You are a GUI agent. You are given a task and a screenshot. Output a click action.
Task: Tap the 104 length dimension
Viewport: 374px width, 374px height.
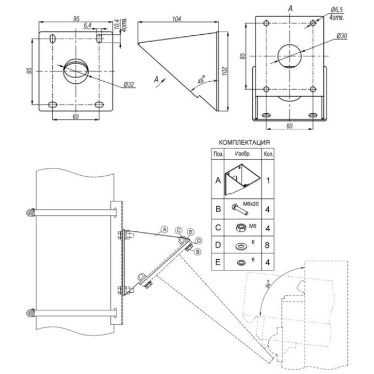(178, 19)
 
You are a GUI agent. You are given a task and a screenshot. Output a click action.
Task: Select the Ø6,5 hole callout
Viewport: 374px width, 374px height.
(337, 9)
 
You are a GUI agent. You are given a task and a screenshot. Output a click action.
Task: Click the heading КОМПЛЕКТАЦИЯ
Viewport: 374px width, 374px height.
(244, 143)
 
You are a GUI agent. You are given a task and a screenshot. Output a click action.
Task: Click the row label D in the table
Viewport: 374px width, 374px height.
(218, 246)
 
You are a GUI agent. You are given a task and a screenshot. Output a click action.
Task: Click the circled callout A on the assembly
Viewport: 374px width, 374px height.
(165, 229)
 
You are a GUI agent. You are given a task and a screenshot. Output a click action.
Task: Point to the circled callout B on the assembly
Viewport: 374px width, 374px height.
(198, 251)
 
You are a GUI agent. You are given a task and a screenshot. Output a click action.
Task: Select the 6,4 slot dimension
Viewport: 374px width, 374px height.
(88, 25)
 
